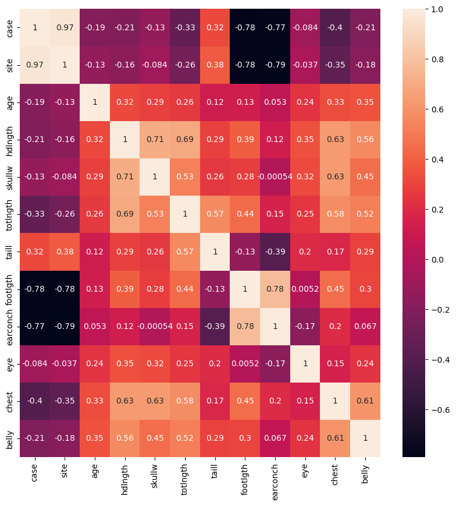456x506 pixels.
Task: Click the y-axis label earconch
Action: (x=9, y=327)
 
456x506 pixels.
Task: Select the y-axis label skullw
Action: (x=9, y=177)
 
